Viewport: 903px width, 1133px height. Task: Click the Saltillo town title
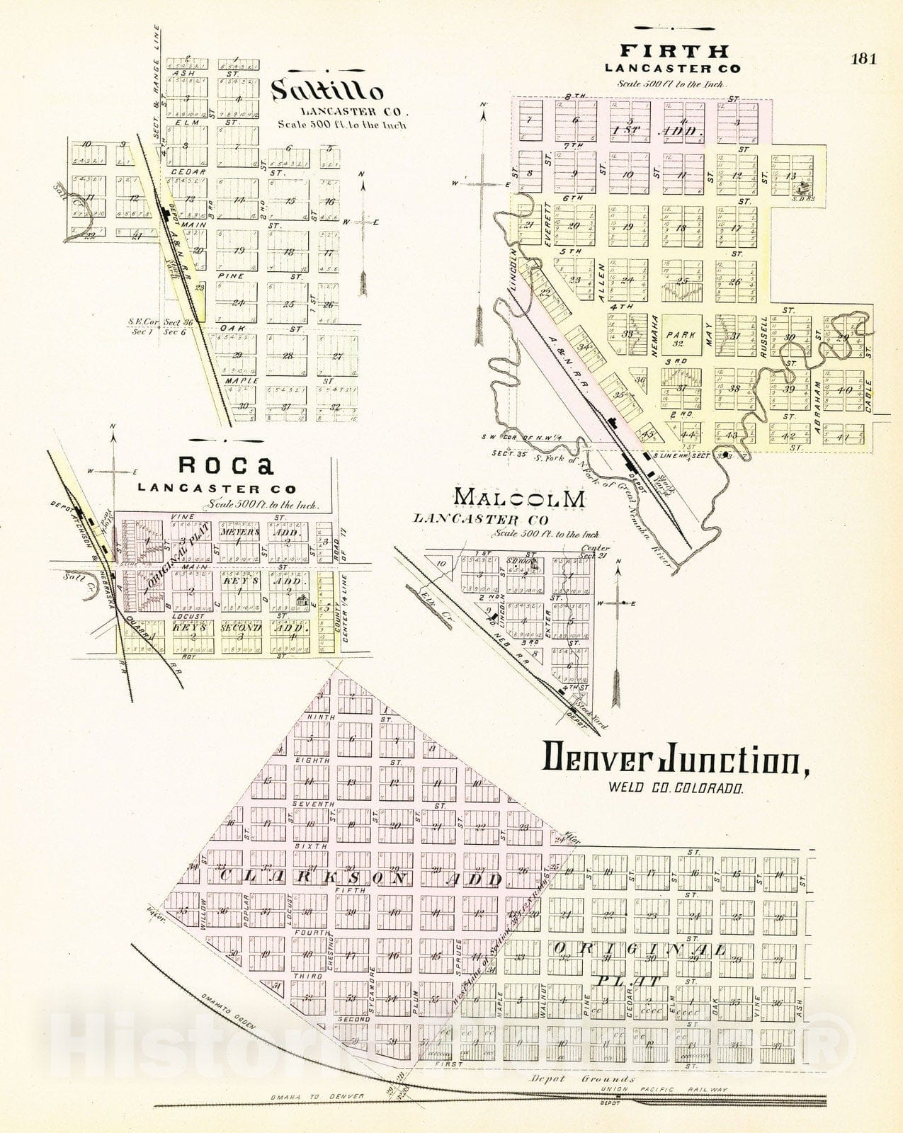(327, 91)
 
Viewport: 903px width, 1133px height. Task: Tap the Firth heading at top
(674, 51)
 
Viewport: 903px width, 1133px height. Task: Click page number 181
(863, 59)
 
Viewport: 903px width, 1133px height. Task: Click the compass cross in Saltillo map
(363, 222)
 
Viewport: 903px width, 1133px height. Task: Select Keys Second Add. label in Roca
(241, 628)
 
